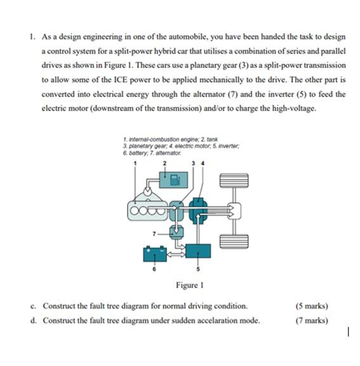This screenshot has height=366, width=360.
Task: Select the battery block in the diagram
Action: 155,254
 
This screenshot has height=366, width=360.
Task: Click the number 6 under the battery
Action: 154,268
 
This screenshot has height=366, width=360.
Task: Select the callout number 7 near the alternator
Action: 154,233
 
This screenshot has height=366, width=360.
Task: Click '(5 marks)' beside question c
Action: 312,306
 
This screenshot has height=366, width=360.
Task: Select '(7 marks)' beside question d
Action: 312,320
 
